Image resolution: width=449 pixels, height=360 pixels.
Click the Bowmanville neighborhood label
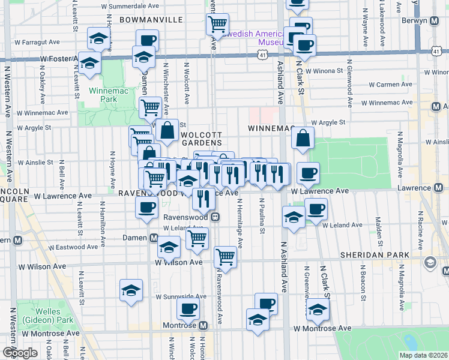tap(151, 20)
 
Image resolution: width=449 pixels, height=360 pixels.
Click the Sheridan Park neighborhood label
tap(375, 255)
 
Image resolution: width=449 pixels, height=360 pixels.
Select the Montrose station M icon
tap(203, 325)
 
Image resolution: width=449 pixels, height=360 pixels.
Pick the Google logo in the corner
tap(19, 353)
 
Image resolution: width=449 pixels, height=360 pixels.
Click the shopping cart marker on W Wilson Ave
tap(225, 256)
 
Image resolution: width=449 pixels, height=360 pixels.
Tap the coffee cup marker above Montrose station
tap(188, 309)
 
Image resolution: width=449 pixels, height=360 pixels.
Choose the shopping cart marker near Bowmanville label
tap(217, 23)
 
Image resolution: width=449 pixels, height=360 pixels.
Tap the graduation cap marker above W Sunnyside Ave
tap(131, 290)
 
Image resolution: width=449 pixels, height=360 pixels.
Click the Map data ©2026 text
tap(423, 355)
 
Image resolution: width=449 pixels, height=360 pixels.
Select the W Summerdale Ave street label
tap(130, 5)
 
